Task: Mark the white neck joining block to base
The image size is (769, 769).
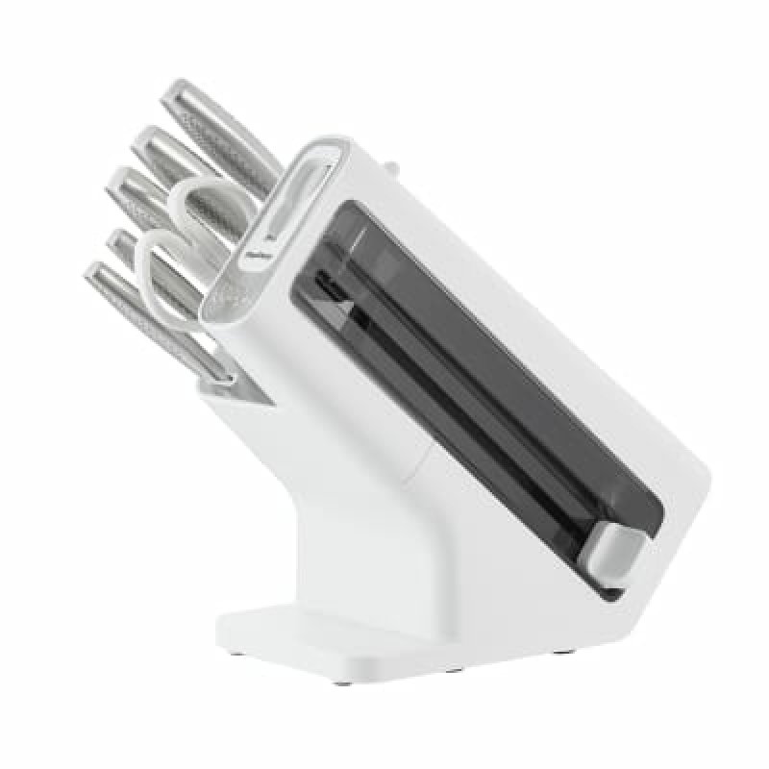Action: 404,538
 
